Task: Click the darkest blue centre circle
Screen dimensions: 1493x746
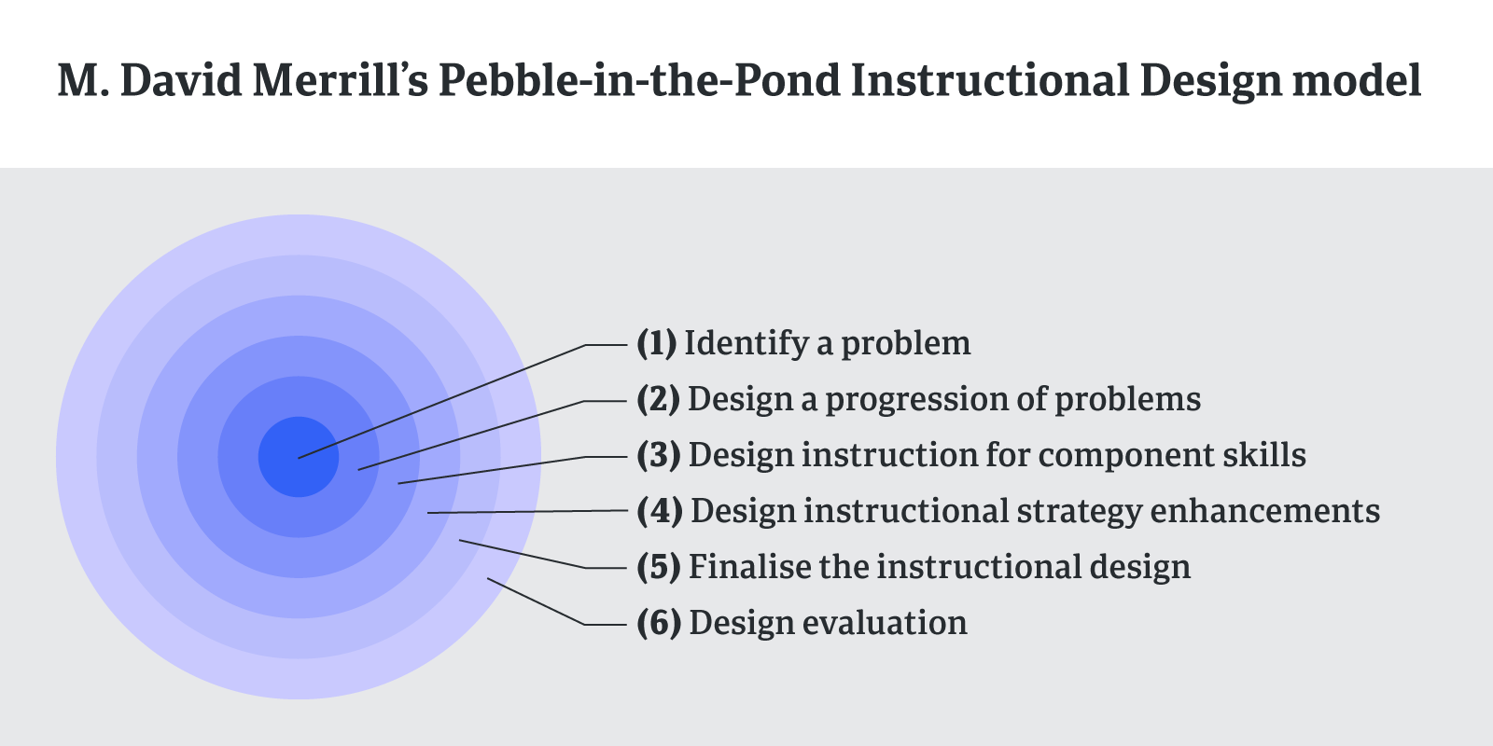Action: click(299, 457)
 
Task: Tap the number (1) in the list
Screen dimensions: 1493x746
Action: click(657, 344)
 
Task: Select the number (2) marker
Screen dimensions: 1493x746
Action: click(659, 400)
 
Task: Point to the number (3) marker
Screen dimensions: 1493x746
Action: click(659, 456)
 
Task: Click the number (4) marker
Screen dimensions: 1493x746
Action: click(660, 512)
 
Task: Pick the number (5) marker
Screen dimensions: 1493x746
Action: click(659, 568)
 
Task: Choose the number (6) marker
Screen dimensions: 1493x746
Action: click(659, 624)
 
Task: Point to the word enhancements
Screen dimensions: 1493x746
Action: click(1265, 512)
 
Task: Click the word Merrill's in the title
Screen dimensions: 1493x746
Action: click(340, 80)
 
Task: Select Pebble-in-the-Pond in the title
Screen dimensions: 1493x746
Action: click(639, 80)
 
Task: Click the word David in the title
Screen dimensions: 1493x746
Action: click(181, 80)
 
